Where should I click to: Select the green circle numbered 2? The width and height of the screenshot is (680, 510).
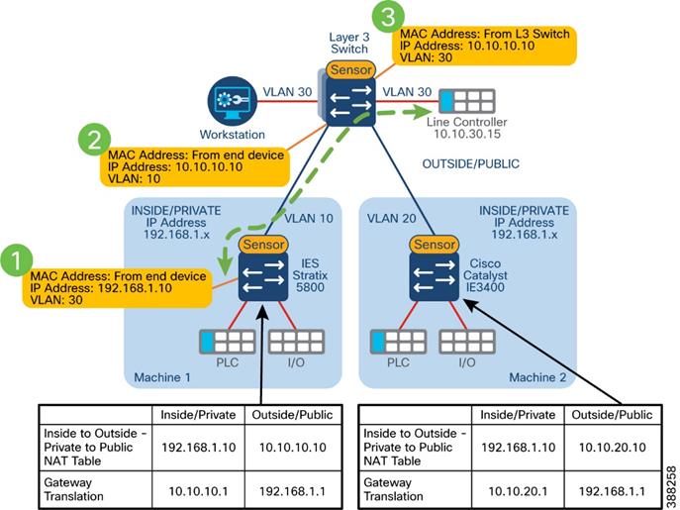coord(94,140)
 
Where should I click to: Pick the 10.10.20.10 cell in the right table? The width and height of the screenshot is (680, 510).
coord(612,447)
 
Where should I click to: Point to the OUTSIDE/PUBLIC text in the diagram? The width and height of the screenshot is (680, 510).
coord(471,164)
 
